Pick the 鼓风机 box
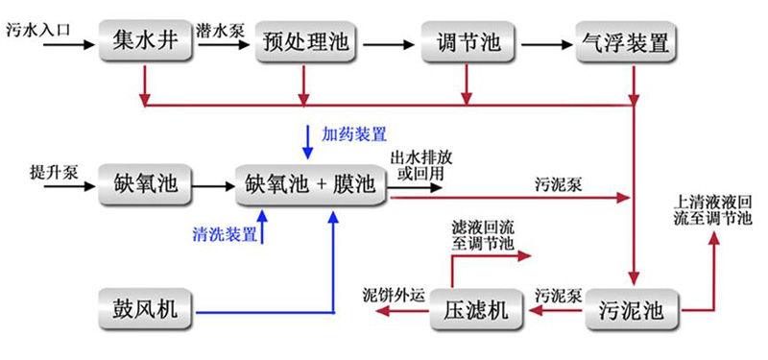point(144,311)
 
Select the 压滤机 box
point(475,311)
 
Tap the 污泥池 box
point(631,311)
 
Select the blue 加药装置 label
point(354,133)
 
